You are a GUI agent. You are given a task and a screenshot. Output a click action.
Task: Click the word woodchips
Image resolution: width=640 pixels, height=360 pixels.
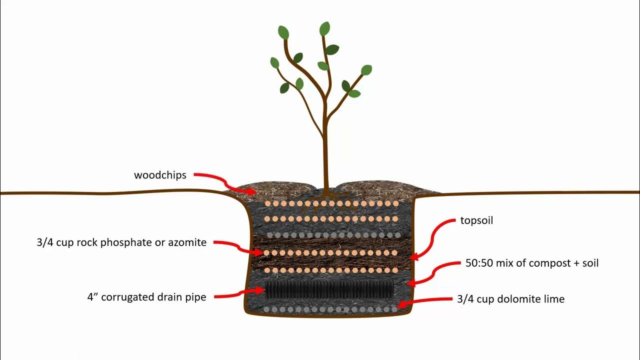click(x=160, y=175)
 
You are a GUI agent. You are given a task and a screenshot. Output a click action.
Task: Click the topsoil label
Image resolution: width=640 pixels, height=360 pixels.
click(x=476, y=220)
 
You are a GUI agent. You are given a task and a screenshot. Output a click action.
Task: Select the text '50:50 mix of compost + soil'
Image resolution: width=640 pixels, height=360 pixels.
click(x=531, y=263)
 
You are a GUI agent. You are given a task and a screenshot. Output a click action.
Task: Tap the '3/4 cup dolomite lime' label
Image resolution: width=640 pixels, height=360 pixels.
click(x=510, y=299)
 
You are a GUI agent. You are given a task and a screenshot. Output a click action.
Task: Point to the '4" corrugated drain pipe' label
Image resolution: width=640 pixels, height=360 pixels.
click(x=146, y=297)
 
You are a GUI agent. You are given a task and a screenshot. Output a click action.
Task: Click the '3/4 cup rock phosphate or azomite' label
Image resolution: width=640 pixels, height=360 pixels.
click(x=121, y=243)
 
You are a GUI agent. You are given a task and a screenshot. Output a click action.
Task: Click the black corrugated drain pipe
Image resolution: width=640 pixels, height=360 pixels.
click(x=329, y=289)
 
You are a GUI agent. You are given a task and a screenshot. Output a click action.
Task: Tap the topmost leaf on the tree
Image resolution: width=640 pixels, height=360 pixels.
click(x=324, y=29)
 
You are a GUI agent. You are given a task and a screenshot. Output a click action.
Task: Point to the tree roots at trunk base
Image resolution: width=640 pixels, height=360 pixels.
click(x=325, y=196)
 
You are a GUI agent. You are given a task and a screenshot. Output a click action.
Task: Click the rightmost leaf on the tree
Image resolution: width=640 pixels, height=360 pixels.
click(x=366, y=70)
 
